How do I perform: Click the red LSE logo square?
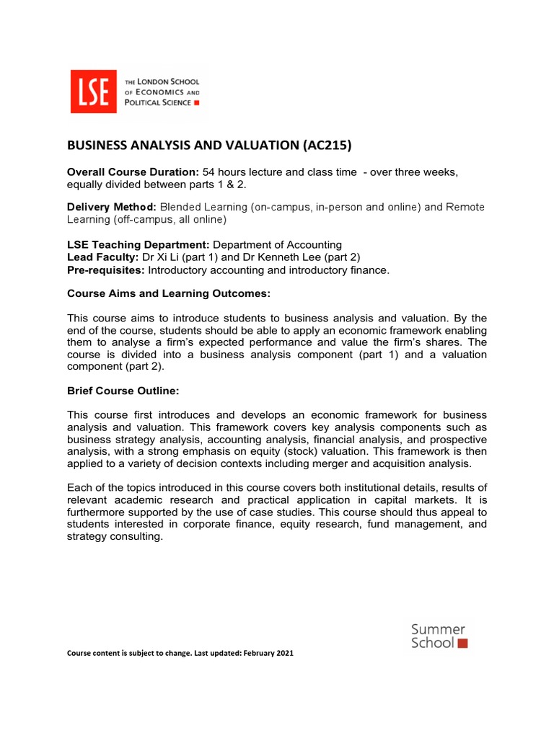[93, 91]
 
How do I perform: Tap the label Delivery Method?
[111, 208]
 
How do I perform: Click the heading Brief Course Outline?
[122, 391]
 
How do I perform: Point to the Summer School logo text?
[437, 636]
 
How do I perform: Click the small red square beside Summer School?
[462, 643]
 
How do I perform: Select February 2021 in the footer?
[269, 653]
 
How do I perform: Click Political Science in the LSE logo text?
[158, 102]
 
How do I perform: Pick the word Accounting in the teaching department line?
[309, 245]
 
